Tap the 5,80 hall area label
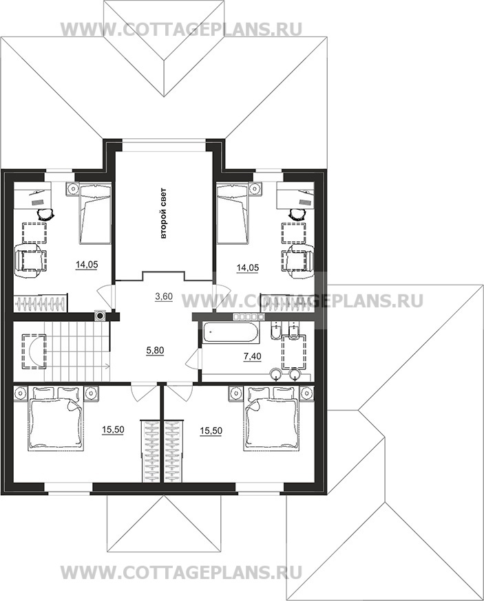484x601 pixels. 156,350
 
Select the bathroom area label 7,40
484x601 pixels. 253,356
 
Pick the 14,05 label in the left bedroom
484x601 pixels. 87,265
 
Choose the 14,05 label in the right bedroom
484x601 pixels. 248,268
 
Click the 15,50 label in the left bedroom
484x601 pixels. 113,430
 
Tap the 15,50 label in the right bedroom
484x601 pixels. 211,431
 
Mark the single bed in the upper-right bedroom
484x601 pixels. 233,213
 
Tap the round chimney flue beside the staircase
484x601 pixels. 101,316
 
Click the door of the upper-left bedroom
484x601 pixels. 105,296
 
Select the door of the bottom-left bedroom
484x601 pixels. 139,392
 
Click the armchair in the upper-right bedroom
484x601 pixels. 297,261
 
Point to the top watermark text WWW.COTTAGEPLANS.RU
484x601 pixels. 182,29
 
